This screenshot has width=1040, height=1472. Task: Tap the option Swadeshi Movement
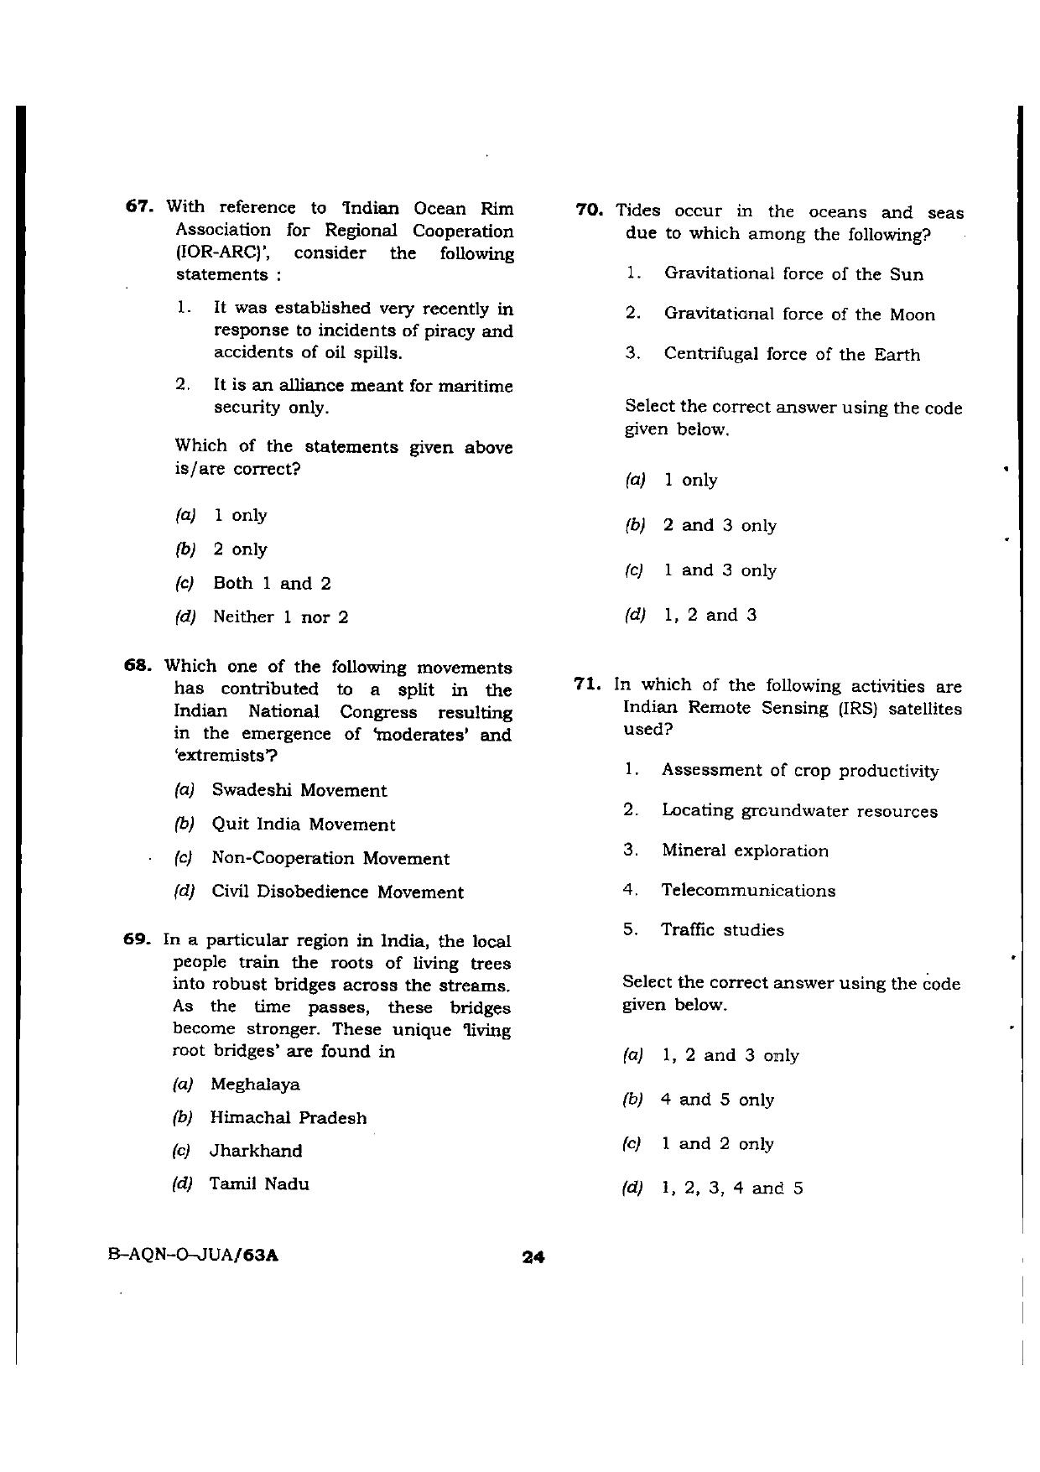[299, 790]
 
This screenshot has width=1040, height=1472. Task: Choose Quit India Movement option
[303, 824]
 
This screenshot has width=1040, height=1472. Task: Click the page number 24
[533, 1256]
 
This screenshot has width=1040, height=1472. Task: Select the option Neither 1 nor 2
[280, 617]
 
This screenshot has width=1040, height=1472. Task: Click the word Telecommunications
[748, 891]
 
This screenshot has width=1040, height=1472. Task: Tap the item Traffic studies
[722, 930]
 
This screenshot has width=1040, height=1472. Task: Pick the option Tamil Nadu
[259, 1184]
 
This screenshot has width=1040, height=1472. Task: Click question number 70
[590, 211]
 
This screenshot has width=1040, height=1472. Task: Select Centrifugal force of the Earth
[792, 355]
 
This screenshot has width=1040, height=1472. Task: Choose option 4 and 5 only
[717, 1100]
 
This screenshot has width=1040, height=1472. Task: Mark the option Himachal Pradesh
[288, 1118]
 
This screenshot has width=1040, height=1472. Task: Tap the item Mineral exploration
[745, 850]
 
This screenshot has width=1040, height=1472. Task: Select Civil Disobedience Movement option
[337, 892]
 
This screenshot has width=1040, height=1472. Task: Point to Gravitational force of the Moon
[799, 315]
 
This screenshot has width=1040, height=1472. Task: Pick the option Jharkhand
[256, 1151]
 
